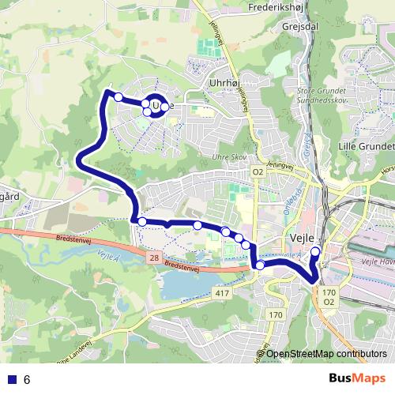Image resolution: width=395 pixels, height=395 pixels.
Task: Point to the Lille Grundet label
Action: click(365, 147)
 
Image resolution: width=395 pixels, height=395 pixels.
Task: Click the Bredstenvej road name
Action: click(76, 237)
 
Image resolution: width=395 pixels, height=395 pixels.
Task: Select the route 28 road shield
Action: click(152, 258)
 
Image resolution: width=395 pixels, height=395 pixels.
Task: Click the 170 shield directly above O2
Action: click(329, 292)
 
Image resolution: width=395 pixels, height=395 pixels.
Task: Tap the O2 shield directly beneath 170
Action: click(329, 303)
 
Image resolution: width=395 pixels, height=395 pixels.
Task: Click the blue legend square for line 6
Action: click(10, 379)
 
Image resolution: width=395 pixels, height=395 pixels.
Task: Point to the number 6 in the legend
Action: click(27, 379)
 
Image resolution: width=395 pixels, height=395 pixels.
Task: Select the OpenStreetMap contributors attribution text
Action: click(327, 354)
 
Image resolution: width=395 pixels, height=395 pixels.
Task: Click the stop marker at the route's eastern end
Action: click(315, 253)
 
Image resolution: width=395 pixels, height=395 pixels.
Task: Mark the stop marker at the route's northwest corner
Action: click(118, 97)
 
